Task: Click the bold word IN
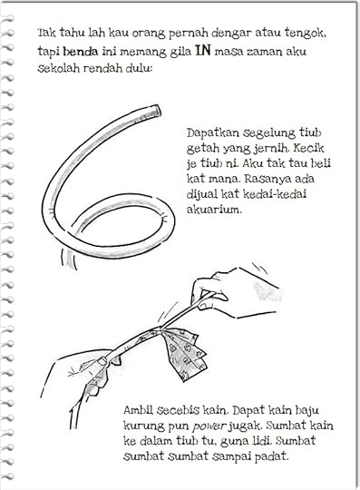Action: (x=203, y=50)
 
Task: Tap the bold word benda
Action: (x=80, y=52)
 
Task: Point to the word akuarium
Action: (x=214, y=209)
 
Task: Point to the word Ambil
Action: (x=138, y=410)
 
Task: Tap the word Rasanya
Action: (x=267, y=179)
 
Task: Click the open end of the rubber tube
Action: (x=159, y=111)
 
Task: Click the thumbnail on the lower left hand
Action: (x=101, y=362)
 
